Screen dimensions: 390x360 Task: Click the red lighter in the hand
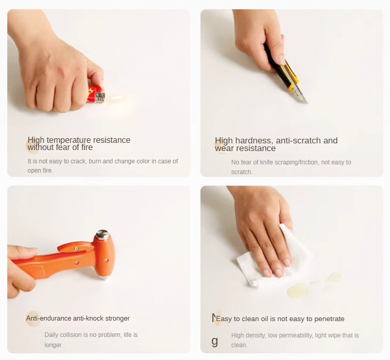coord(96,95)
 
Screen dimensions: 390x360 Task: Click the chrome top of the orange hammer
coord(102,235)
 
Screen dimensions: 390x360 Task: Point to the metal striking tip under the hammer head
coord(104,277)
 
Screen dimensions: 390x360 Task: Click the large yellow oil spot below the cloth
coord(297,291)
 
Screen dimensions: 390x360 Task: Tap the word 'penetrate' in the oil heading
coord(329,319)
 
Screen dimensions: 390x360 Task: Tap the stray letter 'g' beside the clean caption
coord(214,342)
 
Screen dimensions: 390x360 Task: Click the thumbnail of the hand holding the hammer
coord(98,269)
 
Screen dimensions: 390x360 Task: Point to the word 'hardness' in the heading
coord(254,140)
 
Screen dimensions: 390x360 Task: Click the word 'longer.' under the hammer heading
coord(53,345)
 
